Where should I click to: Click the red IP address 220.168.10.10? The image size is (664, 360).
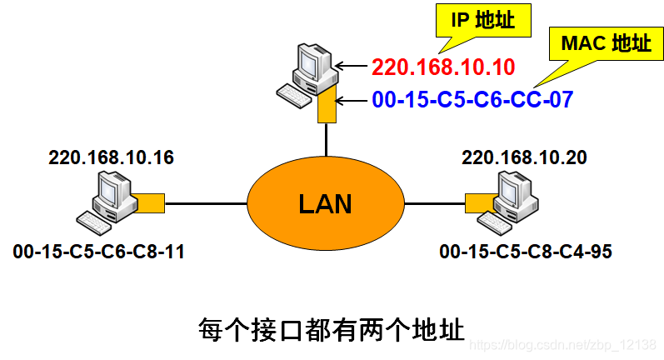tap(443, 67)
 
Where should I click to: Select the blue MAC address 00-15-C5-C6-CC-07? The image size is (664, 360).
tap(472, 101)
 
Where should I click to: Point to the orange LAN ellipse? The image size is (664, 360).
tap(326, 203)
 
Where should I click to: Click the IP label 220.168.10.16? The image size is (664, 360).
tap(112, 157)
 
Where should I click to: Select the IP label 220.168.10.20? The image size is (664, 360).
tap(524, 157)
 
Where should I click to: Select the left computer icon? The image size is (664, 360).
tap(106, 200)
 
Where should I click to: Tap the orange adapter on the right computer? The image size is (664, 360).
tap(478, 202)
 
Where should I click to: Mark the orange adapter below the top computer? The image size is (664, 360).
tap(327, 107)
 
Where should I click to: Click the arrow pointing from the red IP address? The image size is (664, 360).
tap(353, 67)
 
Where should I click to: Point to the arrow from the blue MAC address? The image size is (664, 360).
tap(353, 101)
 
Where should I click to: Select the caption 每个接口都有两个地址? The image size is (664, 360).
tap(331, 327)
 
